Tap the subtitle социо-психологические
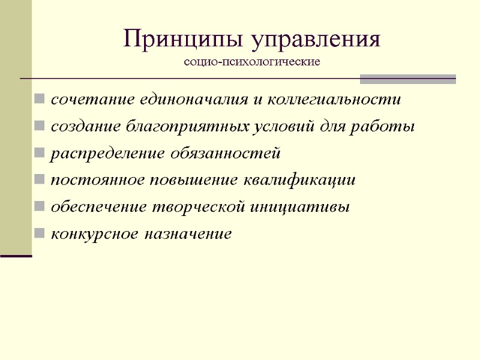[x=252, y=62]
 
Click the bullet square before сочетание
[x=39, y=100]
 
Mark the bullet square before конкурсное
[x=39, y=233]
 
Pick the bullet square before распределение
[x=39, y=154]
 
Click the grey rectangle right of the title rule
[x=407, y=79]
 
